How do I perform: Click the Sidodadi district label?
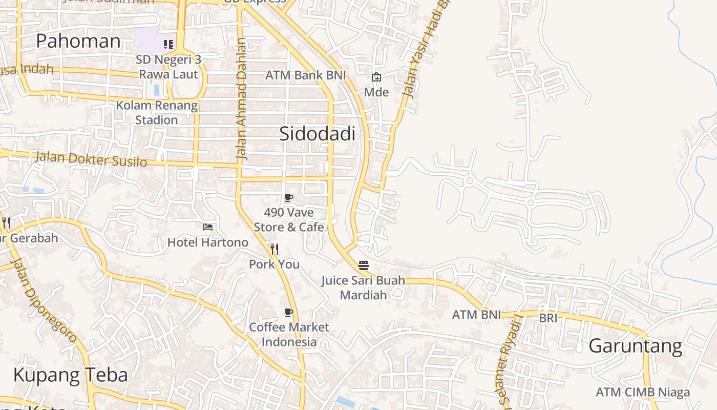317,134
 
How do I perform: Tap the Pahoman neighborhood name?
78,41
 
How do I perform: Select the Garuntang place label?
635,346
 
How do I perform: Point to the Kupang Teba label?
70,375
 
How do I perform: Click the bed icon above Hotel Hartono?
208,227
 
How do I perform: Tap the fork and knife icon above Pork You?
275,250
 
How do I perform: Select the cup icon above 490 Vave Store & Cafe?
289,198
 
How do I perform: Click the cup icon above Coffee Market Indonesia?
289,313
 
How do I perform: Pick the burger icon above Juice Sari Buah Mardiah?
364,265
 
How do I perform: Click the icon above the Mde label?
376,77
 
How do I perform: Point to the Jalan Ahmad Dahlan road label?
242,99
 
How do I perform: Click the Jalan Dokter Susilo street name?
91,159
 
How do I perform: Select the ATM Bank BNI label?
306,75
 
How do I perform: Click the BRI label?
547,318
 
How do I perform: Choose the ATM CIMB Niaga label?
643,393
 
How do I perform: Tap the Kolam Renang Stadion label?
157,113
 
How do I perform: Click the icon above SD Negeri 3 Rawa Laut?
168,45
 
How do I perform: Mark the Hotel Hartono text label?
208,242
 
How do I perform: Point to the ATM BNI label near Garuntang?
476,315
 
